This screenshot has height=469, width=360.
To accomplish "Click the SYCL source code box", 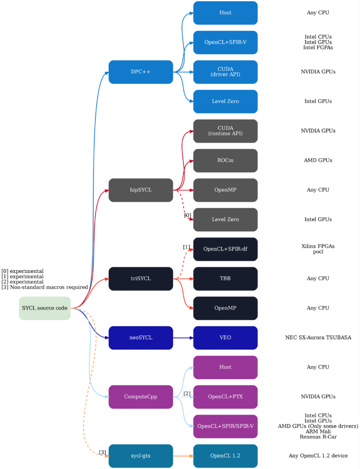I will (45, 308).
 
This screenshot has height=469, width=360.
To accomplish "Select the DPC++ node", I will (141, 72).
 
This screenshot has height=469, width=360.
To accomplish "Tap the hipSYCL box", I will (141, 190).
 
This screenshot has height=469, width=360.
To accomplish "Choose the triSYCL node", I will (141, 279).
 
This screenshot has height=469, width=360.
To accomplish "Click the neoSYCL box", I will (141, 338).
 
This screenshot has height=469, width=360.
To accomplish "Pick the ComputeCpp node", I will (141, 397).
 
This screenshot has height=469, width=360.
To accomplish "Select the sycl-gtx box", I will (141, 456).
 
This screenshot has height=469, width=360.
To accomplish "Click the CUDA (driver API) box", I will (225, 72).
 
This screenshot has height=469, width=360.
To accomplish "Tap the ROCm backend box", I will (225, 160).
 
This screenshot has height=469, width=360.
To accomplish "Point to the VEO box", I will (225, 338).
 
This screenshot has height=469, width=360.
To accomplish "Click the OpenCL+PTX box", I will (225, 397).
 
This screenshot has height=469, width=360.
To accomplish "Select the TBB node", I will (225, 279).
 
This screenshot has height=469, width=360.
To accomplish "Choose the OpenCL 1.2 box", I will (225, 456).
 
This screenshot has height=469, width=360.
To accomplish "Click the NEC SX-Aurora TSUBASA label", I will (318, 338).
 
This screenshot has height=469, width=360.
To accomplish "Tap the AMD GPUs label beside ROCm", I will (318, 160).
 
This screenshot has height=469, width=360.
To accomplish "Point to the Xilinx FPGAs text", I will (318, 246).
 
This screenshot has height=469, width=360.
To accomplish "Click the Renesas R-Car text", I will (318, 437).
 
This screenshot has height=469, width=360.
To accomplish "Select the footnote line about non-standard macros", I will (45, 287).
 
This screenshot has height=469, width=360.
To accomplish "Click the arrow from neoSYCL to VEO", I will (183, 338).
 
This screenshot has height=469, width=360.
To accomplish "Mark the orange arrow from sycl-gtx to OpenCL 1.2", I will (183, 456).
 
